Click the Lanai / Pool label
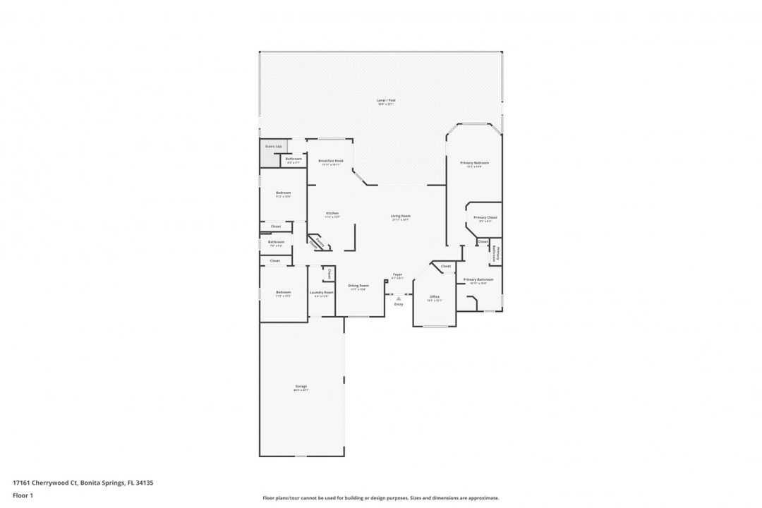click(386, 100)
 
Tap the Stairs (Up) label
click(274, 146)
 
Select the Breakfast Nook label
click(330, 161)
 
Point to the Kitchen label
click(332, 213)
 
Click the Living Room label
click(401, 216)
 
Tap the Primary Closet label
click(485, 217)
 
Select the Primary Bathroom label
click(478, 279)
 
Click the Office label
click(435, 296)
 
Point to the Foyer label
click(398, 274)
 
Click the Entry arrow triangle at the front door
click(399, 298)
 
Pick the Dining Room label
click(358, 285)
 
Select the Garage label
click(301, 386)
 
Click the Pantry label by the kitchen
click(320, 241)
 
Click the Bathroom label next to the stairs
click(293, 159)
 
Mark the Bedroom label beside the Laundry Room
click(283, 292)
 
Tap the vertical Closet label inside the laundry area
click(329, 274)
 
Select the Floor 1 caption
click(23, 495)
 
